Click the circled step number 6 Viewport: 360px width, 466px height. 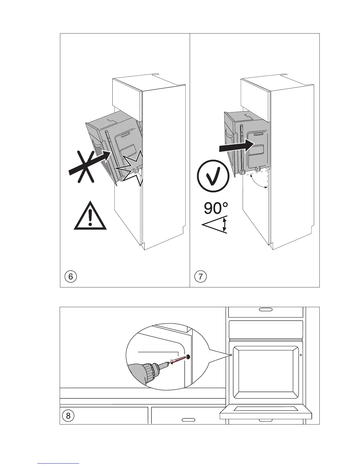(x=70, y=277)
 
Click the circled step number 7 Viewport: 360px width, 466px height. (x=201, y=277)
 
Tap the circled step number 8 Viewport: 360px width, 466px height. (x=68, y=416)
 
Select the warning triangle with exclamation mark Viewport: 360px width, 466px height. (x=90, y=217)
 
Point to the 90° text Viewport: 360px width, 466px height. (x=216, y=208)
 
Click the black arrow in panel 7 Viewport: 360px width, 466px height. (x=236, y=146)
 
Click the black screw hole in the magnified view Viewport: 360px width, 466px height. (x=188, y=357)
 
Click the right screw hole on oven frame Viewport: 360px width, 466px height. (x=300, y=355)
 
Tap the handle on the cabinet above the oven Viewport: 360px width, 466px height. (x=266, y=309)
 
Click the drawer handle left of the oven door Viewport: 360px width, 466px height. (x=188, y=420)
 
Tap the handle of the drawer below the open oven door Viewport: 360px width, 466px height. (x=266, y=420)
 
